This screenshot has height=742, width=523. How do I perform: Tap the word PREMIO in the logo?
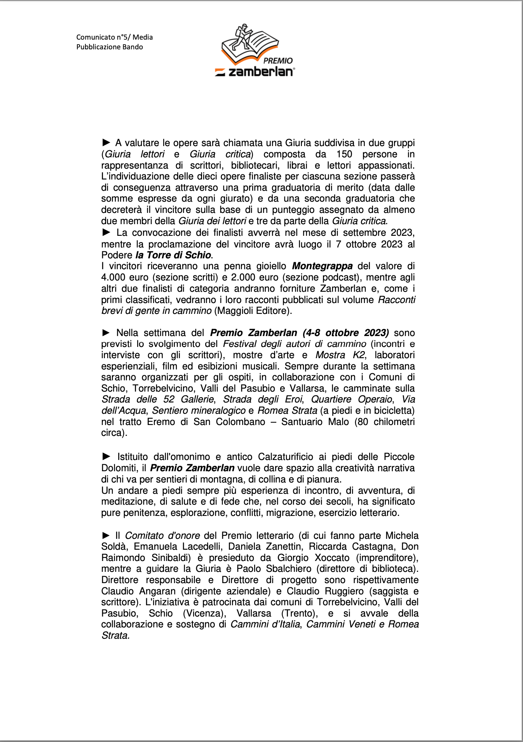[278, 61]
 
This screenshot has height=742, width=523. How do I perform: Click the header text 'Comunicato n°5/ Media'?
[114, 37]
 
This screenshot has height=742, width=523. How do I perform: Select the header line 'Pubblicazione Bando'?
[110, 47]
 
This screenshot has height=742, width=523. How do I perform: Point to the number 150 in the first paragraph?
[344, 154]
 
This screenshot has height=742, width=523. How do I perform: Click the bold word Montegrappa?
[322, 266]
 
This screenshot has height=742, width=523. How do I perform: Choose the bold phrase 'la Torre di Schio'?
[173, 255]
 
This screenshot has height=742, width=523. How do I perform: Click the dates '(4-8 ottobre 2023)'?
[346, 333]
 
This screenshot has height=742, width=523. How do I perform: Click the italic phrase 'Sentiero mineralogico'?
[199, 411]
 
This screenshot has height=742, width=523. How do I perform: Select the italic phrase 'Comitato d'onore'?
[162, 536]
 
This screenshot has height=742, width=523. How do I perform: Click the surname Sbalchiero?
[289, 569]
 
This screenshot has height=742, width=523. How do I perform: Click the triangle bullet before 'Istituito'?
[106, 457]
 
